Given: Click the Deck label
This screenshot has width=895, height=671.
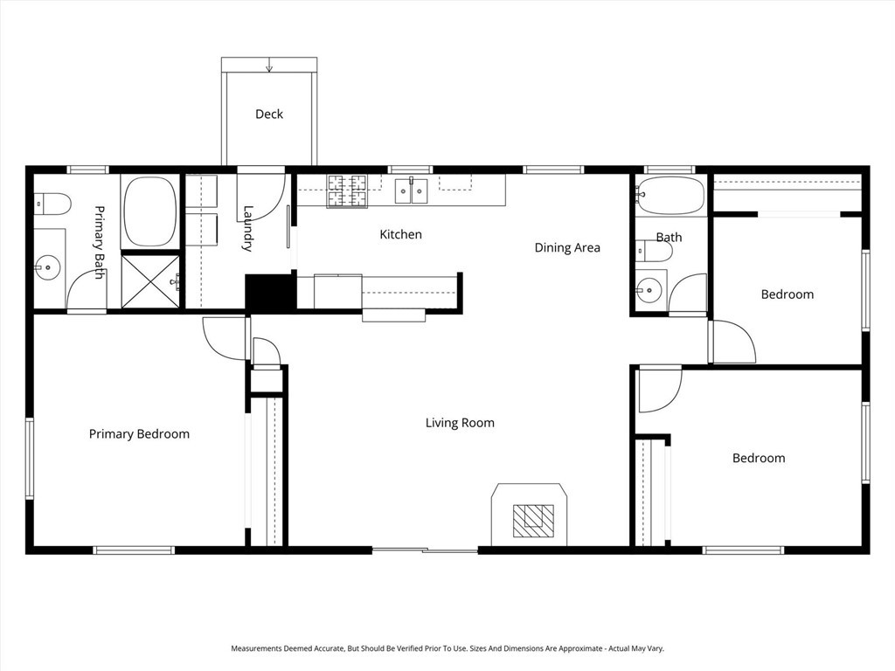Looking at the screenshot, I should pos(269,114).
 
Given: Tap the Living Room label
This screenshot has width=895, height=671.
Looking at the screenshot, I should pos(460,423).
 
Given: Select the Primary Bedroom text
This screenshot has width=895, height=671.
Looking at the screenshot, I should pos(139,434).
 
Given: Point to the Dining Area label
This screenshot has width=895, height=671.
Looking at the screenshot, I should pos(567,248).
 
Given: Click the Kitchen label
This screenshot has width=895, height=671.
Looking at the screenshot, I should pos(400,235).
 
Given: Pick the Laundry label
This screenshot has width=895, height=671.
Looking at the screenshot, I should pos(248,229).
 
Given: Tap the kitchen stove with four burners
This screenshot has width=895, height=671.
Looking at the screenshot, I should pos(346,190).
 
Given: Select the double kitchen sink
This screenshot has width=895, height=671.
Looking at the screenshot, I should pos(411,190).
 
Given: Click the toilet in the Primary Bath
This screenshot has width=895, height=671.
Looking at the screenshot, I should pos(52,204).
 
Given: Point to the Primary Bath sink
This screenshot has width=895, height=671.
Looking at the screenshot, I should pos(47,268).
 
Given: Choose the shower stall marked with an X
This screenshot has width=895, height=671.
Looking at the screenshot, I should pos(150,280).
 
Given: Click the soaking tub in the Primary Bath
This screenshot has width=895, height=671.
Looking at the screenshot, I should pos(150,211).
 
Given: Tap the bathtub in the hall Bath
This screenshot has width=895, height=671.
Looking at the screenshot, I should pos(670,197).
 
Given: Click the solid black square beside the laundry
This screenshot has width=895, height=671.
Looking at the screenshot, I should pos(270,292).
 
